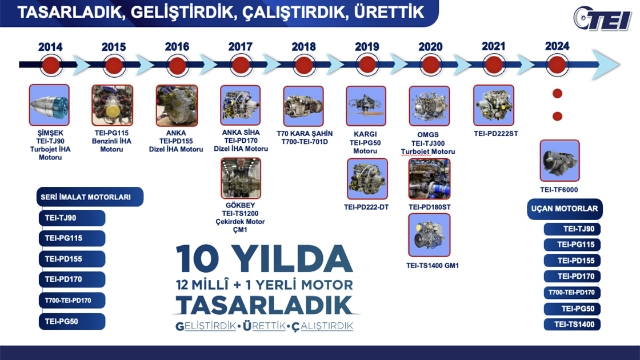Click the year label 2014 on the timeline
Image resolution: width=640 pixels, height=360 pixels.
(50, 47)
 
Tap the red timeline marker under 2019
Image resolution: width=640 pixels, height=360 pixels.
(367, 63)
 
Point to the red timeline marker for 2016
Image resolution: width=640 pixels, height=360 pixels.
(177, 63)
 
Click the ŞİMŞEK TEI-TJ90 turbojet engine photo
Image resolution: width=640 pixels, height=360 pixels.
(49, 105)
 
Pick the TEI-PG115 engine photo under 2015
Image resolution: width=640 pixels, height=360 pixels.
(113, 105)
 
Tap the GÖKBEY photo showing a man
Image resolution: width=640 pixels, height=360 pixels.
(241, 178)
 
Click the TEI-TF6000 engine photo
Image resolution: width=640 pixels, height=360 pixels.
(559, 161)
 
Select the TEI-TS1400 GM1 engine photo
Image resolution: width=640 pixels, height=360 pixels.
(429, 235)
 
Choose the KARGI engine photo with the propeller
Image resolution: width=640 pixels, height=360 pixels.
(367, 106)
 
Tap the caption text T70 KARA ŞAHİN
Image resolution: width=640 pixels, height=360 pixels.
(303, 134)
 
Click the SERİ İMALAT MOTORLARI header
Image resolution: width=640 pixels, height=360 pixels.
(86, 197)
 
